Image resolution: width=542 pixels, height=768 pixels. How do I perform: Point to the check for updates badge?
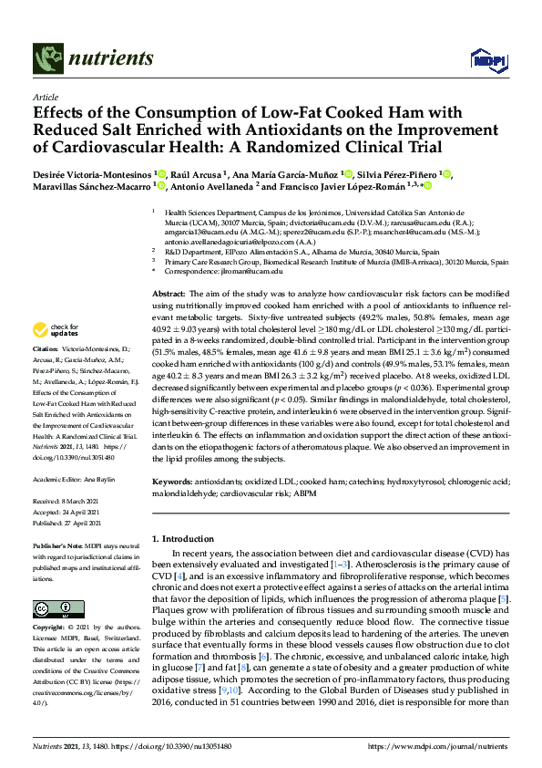pos(54,329)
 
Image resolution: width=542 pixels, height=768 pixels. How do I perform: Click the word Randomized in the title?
pos(329,146)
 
